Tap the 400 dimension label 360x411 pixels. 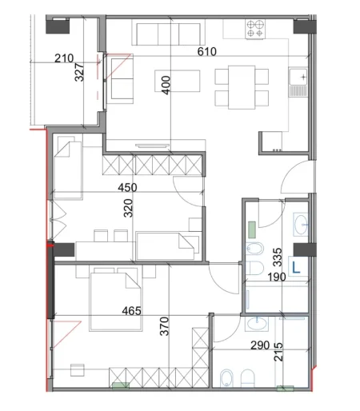(x=166, y=82)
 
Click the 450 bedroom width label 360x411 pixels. (x=127, y=188)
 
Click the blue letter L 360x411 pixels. (x=295, y=268)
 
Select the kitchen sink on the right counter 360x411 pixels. (x=300, y=81)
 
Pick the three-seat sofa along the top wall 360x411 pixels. (x=166, y=34)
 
